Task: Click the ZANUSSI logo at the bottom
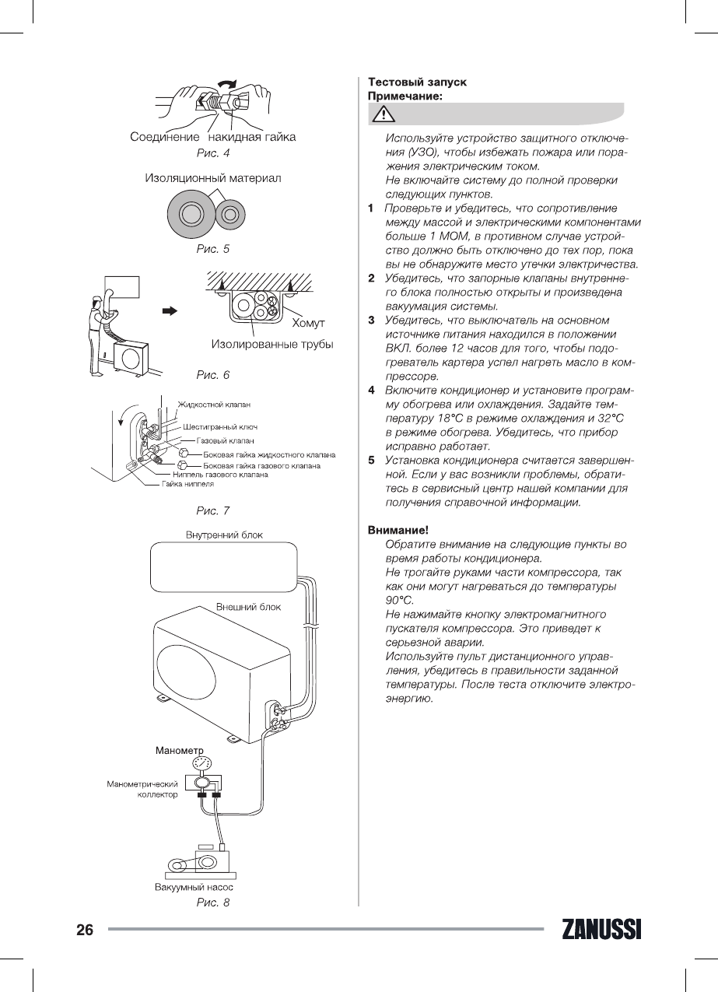(x=600, y=931)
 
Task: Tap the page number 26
(x=85, y=931)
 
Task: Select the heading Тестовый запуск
(x=417, y=82)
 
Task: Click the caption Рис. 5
(x=212, y=250)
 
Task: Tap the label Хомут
(x=308, y=323)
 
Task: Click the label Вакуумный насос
(x=193, y=887)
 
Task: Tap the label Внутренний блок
(x=224, y=535)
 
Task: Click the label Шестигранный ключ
(x=220, y=427)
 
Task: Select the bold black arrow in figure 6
(x=169, y=310)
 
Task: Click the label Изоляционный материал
(x=212, y=178)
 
